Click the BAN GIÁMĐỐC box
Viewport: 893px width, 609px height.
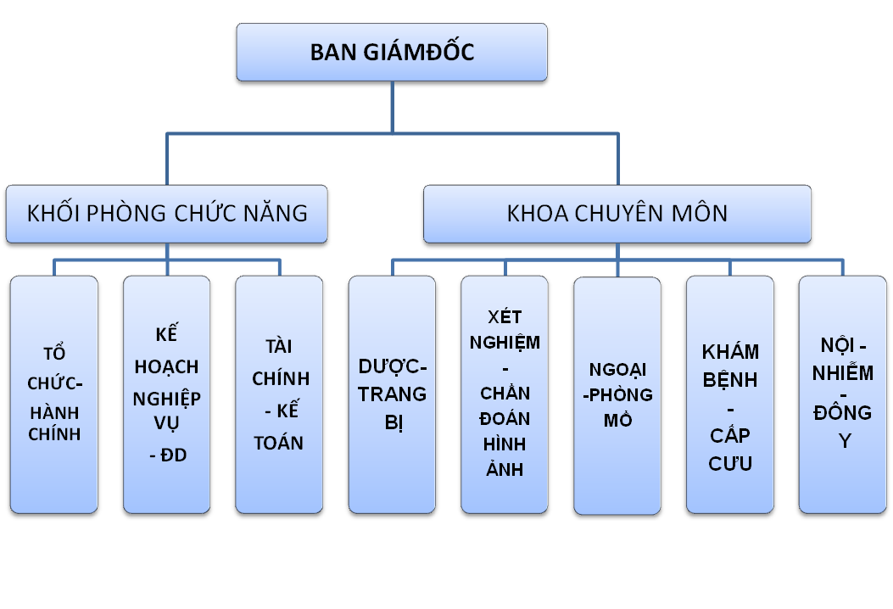(392, 53)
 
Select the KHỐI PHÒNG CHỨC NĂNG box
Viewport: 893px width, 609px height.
(167, 214)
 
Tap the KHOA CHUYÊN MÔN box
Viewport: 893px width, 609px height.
(617, 214)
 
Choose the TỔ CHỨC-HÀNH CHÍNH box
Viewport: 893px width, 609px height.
(54, 394)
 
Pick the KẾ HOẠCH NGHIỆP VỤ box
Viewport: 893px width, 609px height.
(166, 394)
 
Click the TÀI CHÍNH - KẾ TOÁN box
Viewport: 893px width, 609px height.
(279, 394)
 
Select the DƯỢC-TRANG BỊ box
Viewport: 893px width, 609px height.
(392, 394)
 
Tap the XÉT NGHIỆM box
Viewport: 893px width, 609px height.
(505, 394)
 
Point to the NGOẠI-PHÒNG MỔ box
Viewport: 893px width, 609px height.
(617, 395)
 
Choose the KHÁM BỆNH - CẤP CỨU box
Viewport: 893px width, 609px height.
(730, 394)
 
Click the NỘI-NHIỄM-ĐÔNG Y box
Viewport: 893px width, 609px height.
(843, 394)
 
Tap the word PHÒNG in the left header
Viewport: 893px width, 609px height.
(126, 213)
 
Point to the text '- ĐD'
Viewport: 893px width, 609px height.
(167, 455)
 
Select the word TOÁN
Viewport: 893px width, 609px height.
(279, 443)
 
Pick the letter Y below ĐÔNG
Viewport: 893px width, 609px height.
(845, 441)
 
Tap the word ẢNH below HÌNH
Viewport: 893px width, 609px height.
(505, 470)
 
